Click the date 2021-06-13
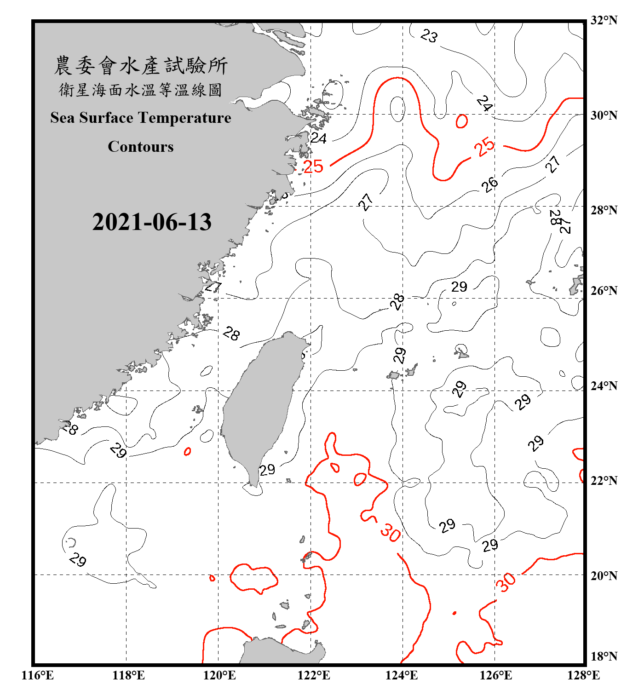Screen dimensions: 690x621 152,222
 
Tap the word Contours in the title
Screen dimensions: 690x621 141,147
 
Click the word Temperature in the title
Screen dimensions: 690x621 184,118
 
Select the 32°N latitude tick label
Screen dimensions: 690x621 604,20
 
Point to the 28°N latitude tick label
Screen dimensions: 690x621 604,210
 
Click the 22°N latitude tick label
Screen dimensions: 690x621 604,481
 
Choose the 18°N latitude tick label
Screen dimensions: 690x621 604,656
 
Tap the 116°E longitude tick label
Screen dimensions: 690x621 38,675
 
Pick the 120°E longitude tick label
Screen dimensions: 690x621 219,675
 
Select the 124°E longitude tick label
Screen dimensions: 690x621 402,675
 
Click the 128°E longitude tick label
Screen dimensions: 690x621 583,675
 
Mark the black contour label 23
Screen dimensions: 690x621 429,35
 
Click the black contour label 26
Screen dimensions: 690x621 490,184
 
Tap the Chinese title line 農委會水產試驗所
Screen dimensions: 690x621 141,66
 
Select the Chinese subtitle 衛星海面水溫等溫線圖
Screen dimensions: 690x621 141,90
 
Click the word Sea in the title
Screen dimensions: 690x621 63,118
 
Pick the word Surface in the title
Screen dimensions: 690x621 106,118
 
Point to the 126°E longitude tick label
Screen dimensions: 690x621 495,675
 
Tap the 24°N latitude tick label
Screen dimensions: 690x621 604,386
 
